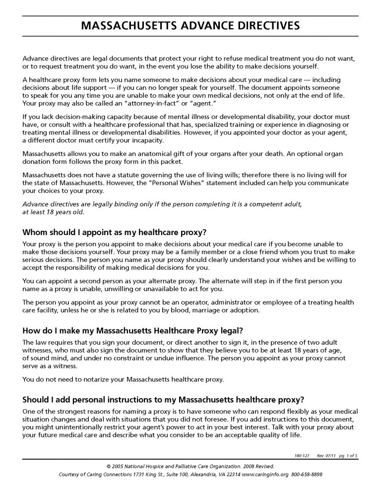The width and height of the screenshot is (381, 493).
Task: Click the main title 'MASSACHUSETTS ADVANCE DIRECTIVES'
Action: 190,26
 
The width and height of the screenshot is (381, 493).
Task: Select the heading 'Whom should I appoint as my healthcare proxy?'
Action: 114,232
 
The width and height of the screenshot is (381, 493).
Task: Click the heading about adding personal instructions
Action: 163,400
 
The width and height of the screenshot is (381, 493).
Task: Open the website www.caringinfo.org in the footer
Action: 264,474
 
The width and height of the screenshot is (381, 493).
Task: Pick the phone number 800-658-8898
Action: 307,474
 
